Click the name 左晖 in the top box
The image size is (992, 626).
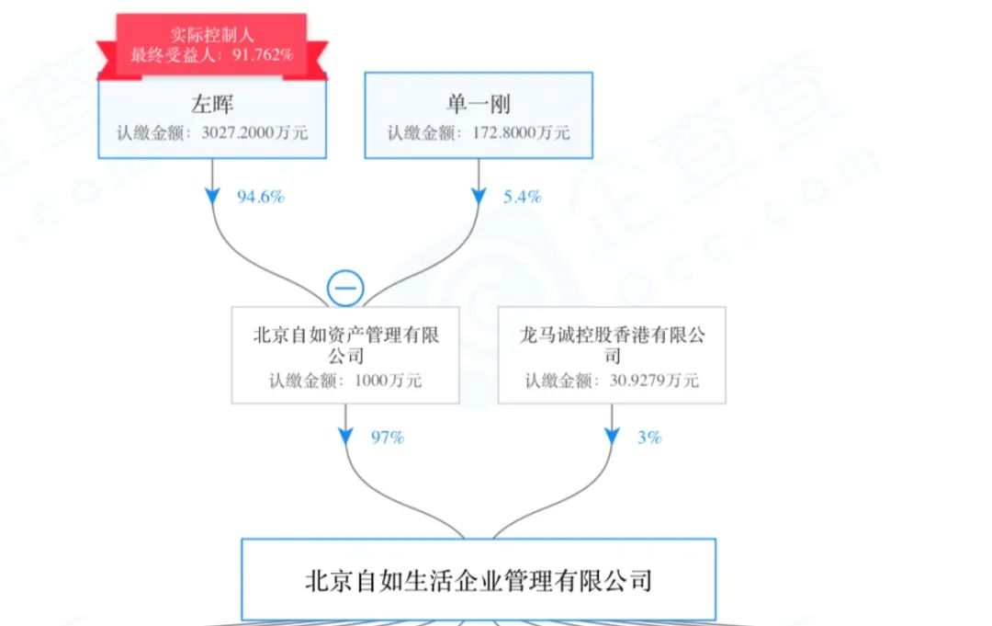(x=212, y=105)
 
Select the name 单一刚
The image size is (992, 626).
(x=479, y=105)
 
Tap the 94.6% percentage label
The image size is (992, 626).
(x=261, y=197)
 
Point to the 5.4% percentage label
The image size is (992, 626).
(x=523, y=197)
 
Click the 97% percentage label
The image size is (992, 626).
(x=388, y=438)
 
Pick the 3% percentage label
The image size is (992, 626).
(x=649, y=438)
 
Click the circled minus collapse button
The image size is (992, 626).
(x=345, y=289)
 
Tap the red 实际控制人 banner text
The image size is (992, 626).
(x=212, y=35)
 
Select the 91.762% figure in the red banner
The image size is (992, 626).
(x=263, y=55)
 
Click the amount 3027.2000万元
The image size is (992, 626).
(x=254, y=133)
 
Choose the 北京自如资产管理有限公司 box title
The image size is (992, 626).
(x=345, y=345)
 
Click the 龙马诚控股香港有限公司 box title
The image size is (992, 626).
(x=612, y=345)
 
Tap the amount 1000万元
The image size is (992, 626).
(x=388, y=381)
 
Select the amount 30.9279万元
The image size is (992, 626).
(x=654, y=381)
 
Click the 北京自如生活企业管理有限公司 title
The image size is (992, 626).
(x=479, y=580)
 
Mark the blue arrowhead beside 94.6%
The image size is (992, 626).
(x=212, y=196)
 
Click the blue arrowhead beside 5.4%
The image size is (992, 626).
(x=479, y=196)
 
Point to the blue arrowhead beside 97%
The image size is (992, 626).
(x=345, y=437)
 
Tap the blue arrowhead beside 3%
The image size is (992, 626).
(x=612, y=437)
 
